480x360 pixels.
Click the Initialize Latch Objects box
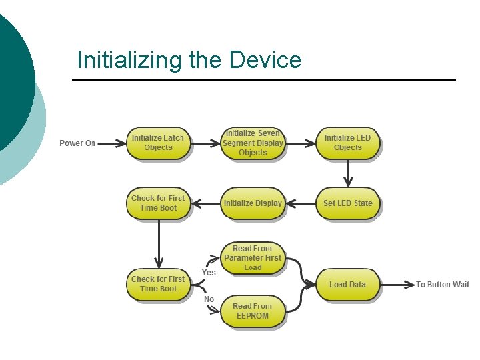pyautogui.click(x=158, y=143)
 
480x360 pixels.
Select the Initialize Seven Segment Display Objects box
pyautogui.click(x=253, y=143)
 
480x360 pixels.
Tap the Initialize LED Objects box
pyautogui.click(x=347, y=143)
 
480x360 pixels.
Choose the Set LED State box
pyautogui.click(x=347, y=203)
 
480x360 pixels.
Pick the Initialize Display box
pyautogui.click(x=253, y=203)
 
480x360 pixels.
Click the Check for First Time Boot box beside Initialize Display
pyautogui.click(x=158, y=203)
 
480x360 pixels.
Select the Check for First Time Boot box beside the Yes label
pyautogui.click(x=158, y=284)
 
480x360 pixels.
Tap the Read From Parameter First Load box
pyautogui.click(x=253, y=258)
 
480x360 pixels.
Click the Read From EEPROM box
pyautogui.click(x=253, y=311)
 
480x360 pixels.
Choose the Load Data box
pyautogui.click(x=347, y=285)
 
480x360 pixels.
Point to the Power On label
pyautogui.click(x=77, y=143)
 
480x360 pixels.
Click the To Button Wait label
pyautogui.click(x=443, y=285)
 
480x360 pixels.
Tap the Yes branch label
pyautogui.click(x=209, y=273)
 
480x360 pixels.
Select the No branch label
pyautogui.click(x=209, y=299)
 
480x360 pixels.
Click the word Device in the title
pyautogui.click(x=265, y=61)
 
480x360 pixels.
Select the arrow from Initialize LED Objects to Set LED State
pyautogui.click(x=347, y=175)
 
